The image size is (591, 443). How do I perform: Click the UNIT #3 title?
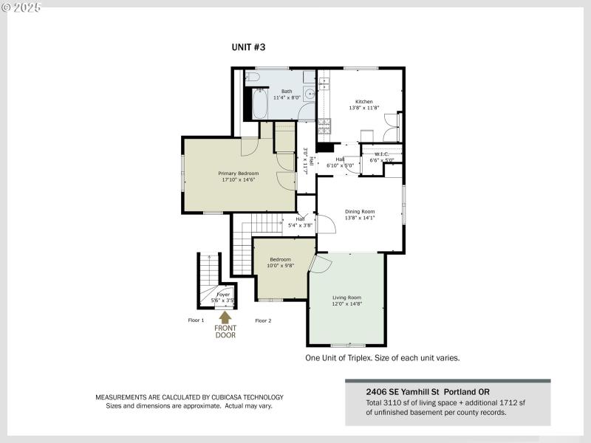click(x=248, y=47)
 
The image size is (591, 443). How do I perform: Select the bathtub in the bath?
click(x=259, y=104)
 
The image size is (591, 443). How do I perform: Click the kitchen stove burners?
click(x=324, y=125)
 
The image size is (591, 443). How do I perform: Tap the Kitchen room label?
click(x=363, y=102)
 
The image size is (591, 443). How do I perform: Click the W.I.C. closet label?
click(x=382, y=154)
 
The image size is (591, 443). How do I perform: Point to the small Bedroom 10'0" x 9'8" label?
click(x=280, y=262)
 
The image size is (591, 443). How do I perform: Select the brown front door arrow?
click(x=225, y=317)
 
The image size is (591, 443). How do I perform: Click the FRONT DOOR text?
click(x=225, y=331)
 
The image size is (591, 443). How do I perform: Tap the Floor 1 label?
click(x=196, y=320)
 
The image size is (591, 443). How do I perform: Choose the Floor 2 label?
click(x=263, y=320)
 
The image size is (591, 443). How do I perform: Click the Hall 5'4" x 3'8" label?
click(x=300, y=221)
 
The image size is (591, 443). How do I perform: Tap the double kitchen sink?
click(x=323, y=85)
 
